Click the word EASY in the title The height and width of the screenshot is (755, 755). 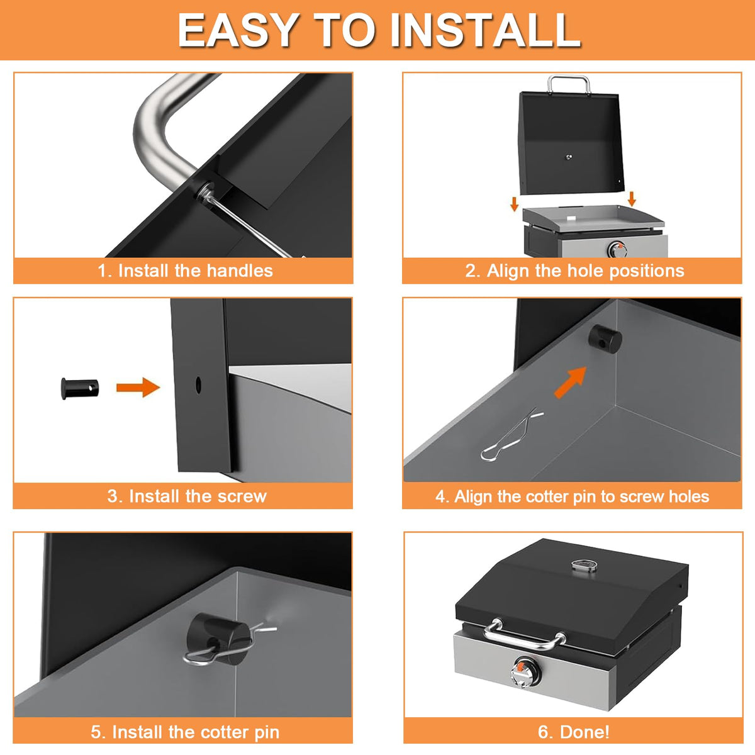click(237, 30)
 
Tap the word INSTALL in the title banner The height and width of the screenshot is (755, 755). click(486, 30)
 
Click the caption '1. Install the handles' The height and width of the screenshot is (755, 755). click(185, 271)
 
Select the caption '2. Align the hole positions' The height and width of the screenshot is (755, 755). click(575, 271)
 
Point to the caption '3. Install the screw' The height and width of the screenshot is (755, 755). click(187, 496)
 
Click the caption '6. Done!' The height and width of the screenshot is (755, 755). click(574, 732)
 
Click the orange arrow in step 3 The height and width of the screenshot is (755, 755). click(138, 388)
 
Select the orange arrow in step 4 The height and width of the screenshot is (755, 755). click(571, 383)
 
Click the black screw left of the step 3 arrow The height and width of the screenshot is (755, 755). click(79, 388)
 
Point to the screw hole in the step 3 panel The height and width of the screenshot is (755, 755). click(198, 385)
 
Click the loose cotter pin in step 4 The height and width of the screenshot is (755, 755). click(512, 435)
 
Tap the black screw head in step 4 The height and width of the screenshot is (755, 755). click(605, 339)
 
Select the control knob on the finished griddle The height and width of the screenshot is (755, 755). click(525, 673)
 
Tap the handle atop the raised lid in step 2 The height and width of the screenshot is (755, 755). click(569, 83)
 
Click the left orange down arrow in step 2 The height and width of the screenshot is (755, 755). click(514, 204)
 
